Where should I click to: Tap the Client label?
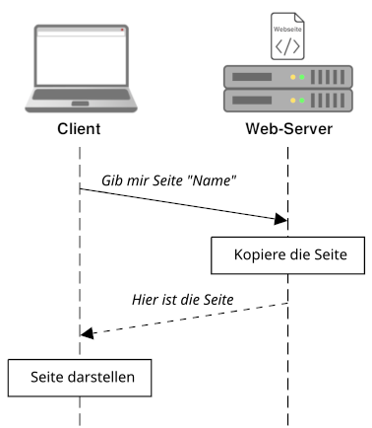[x=79, y=130]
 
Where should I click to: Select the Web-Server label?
[x=287, y=130]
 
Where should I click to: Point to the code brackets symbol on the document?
[x=287, y=44]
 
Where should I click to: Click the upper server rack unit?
[x=286, y=76]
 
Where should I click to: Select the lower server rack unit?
[x=286, y=100]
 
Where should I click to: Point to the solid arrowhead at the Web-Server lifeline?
[x=281, y=220]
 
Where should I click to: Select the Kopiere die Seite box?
[x=287, y=254]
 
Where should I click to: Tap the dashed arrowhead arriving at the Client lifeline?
[x=86, y=333]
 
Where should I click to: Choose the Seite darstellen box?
[x=79, y=376]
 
